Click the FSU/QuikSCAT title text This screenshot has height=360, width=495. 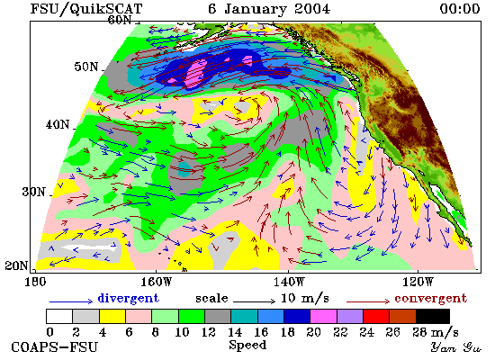tap(86, 8)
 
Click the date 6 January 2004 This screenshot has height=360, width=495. tap(269, 8)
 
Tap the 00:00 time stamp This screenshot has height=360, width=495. tap(460, 8)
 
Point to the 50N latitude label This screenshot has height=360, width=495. tap(86, 67)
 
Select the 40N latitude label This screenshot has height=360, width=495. tap(58, 125)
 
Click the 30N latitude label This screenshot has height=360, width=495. tap(34, 192)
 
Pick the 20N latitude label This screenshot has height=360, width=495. tap(16, 265)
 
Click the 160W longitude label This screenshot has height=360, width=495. tap(157, 282)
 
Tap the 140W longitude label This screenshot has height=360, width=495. tap(289, 282)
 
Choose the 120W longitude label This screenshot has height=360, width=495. tap(418, 282)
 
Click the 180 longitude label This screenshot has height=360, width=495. tap(35, 282)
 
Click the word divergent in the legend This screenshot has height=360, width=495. tap(129, 298)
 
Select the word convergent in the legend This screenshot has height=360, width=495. tap(430, 298)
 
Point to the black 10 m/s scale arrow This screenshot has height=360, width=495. tap(255, 301)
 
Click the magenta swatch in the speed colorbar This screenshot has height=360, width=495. tap(324, 316)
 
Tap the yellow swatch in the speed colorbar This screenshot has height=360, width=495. tap(112, 316)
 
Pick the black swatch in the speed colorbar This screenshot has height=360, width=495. tap(433, 316)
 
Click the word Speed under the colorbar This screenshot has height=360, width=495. tap(247, 345)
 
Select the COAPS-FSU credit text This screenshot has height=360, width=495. tap(54, 347)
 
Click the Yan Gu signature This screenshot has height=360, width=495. tap(456, 347)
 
